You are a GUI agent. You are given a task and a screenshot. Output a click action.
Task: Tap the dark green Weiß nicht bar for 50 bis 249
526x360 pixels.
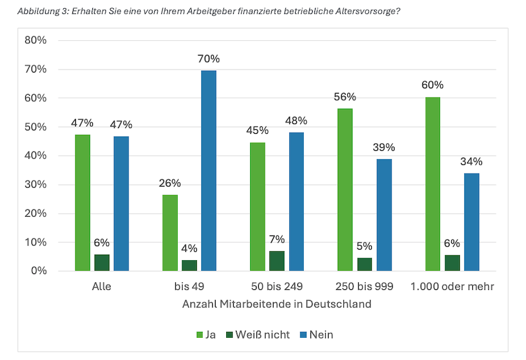point(277,261)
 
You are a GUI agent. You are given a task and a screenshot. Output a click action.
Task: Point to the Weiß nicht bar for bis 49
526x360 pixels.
point(189,265)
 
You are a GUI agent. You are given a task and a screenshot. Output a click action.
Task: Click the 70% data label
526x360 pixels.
point(209,59)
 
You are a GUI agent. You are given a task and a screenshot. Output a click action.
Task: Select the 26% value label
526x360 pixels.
point(170,183)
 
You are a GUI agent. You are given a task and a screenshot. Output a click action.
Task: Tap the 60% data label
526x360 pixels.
point(432,85)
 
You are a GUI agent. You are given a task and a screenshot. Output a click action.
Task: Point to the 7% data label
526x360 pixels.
point(277,239)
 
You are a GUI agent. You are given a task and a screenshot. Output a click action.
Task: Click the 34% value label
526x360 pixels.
point(471,161)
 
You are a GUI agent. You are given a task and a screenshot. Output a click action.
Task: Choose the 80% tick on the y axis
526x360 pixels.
point(36,40)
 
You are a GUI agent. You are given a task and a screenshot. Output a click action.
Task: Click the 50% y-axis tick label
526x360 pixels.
point(36,127)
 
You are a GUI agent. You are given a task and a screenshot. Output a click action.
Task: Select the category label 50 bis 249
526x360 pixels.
point(276,287)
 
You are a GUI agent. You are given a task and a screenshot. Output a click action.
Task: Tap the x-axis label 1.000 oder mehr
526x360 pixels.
point(452,287)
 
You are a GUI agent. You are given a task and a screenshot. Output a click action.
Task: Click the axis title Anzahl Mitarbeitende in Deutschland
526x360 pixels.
point(276,304)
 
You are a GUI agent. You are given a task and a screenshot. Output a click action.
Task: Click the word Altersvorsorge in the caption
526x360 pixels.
point(364,11)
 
